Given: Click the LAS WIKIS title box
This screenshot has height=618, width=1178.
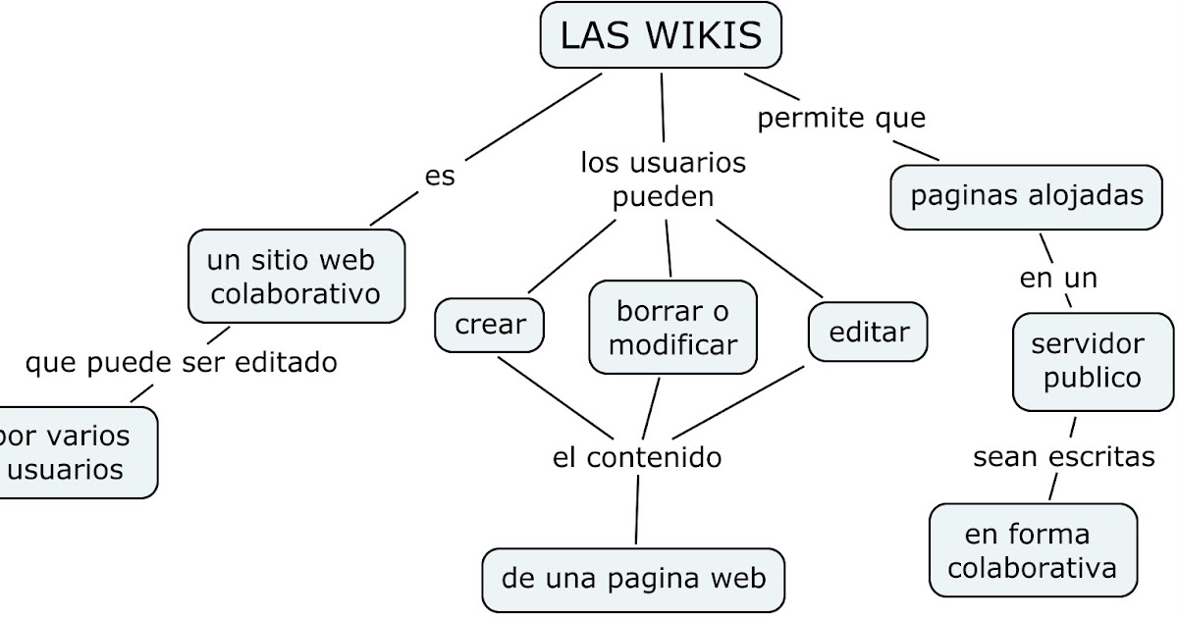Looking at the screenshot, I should [662, 36].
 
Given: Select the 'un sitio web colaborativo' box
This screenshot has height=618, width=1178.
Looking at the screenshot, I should [295, 277].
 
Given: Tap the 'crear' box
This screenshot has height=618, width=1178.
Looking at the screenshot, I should [490, 325].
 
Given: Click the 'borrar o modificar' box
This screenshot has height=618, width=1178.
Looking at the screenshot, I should [672, 328].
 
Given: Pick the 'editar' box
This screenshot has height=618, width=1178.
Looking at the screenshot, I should [869, 332].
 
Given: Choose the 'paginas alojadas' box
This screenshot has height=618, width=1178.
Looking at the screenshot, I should [1026, 196].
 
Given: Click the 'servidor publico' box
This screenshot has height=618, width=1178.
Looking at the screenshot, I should [1093, 361].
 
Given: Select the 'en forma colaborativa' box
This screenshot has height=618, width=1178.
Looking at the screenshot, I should [1033, 550].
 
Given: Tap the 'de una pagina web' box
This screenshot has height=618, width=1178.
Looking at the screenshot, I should [633, 579].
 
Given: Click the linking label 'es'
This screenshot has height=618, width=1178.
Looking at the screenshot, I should [440, 177].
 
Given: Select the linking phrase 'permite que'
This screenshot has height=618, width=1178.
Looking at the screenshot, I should [841, 119].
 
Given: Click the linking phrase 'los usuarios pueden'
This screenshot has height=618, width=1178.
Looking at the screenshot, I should [663, 180].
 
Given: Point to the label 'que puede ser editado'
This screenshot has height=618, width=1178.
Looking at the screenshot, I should [181, 363].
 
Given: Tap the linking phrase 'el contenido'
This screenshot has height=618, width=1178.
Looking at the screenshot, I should [636, 457].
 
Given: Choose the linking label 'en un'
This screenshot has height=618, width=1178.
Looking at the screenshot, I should [1058, 279].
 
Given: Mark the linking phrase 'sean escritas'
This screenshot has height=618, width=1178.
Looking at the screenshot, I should [1063, 457].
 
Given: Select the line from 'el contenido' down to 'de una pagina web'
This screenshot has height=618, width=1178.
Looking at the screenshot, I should [637, 508].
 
